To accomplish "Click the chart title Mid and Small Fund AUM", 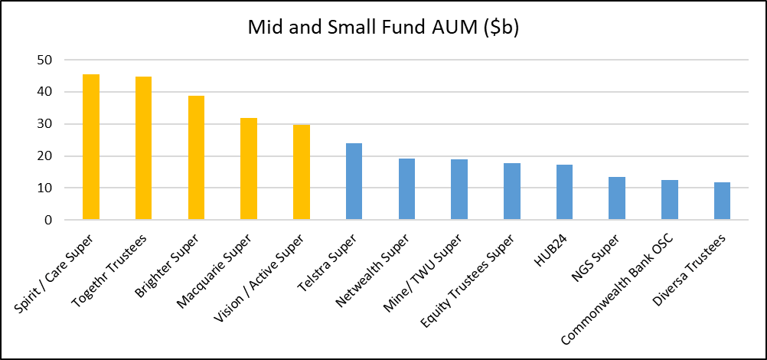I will [x=383, y=28].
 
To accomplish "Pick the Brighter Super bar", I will [x=196, y=158].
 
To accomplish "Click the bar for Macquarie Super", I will [x=249, y=169].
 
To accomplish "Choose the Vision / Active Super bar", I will [x=302, y=172].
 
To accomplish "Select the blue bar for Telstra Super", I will [x=354, y=182].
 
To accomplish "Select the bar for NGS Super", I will [x=617, y=198].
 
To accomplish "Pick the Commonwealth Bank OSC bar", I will [x=669, y=200].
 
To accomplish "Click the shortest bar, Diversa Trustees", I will [x=722, y=201].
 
